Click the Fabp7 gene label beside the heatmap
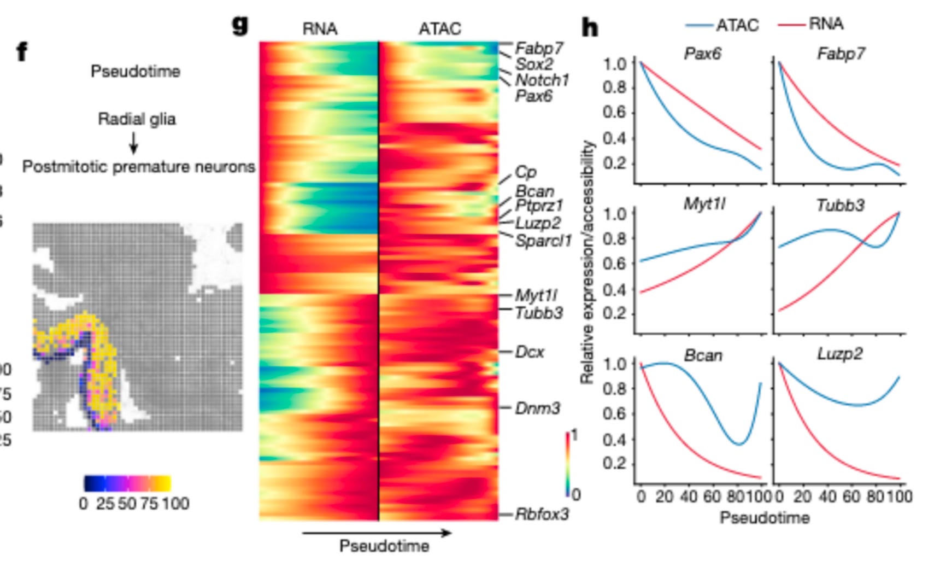(538, 49)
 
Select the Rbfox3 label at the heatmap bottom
(542, 514)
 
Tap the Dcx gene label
(529, 352)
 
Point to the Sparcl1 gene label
(543, 240)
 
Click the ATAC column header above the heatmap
(440, 28)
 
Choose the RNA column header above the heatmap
(320, 28)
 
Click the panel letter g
(240, 25)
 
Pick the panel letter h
(590, 27)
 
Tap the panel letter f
(22, 53)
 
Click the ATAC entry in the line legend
(737, 25)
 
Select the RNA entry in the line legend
(826, 24)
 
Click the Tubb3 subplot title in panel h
(840, 206)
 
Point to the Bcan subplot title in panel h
(703, 356)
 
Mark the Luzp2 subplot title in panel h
(839, 354)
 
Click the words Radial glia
(137, 119)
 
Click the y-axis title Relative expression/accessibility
(587, 262)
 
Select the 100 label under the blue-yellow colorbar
(175, 504)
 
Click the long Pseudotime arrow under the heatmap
(377, 533)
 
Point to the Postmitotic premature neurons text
(139, 167)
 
